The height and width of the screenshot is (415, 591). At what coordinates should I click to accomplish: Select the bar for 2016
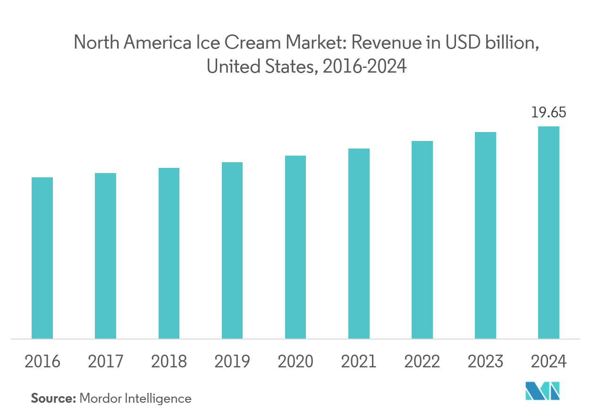pos(42,258)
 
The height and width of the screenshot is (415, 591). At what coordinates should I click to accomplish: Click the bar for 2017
pos(106,256)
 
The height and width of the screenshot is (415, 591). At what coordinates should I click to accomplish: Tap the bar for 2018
pos(169,253)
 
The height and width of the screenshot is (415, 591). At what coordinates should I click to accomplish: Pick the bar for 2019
pos(232,250)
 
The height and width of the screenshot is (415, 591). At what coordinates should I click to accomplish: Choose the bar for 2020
pos(295,247)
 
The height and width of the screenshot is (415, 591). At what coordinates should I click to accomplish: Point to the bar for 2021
pos(359,244)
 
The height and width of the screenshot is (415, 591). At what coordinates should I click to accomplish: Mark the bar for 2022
pos(422,240)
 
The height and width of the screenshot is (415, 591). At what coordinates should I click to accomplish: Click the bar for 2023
pos(486,235)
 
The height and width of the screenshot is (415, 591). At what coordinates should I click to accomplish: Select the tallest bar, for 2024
pos(549,232)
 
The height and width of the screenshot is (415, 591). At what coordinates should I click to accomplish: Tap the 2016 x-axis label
pos(42,362)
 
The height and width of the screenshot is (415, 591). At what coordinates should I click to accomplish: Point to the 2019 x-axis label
pos(232,362)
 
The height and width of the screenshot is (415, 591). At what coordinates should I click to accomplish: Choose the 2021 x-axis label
pos(359,362)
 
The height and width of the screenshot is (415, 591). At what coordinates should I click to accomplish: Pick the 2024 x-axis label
pos(549,362)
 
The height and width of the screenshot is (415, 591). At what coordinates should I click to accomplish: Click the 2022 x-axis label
pos(422,362)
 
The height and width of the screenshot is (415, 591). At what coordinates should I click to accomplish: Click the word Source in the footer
pos(53,398)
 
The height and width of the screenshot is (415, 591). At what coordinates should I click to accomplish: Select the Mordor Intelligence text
pos(136,398)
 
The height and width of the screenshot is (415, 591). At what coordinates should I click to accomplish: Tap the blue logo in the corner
pos(543,392)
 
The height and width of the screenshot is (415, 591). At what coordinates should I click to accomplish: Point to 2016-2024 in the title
pos(363,67)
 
